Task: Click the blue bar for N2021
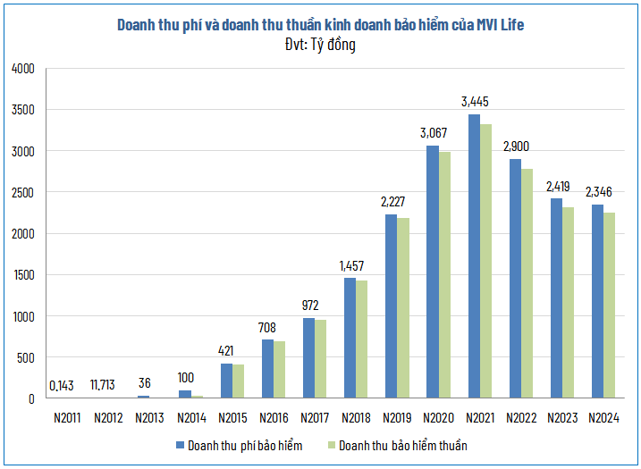(x=474, y=256)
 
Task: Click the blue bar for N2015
(x=227, y=381)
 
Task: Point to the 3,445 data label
(x=475, y=102)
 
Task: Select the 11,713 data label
(x=108, y=385)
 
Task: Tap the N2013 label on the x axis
(x=150, y=417)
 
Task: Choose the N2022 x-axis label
(x=520, y=417)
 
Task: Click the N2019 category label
(x=397, y=417)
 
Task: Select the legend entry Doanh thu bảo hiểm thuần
(x=401, y=445)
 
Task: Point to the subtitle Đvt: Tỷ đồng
(x=319, y=44)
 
